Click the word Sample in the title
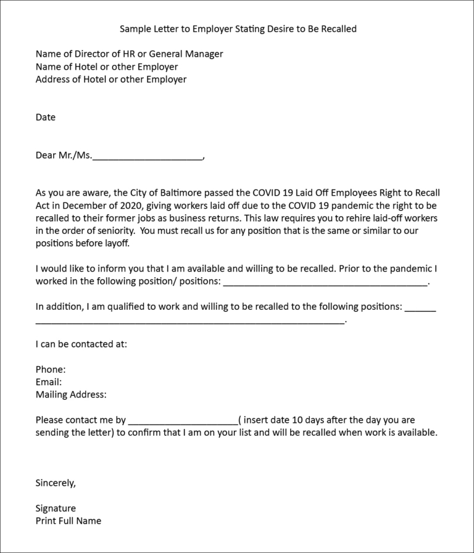[135, 29]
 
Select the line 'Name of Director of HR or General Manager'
[129, 54]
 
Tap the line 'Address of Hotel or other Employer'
[111, 79]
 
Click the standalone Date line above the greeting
[46, 117]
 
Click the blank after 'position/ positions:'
[325, 282]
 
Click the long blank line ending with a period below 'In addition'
[189, 320]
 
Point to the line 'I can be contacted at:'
[81, 344]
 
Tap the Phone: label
[51, 370]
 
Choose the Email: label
[49, 382]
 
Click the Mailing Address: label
[71, 394]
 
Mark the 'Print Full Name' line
[69, 521]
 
